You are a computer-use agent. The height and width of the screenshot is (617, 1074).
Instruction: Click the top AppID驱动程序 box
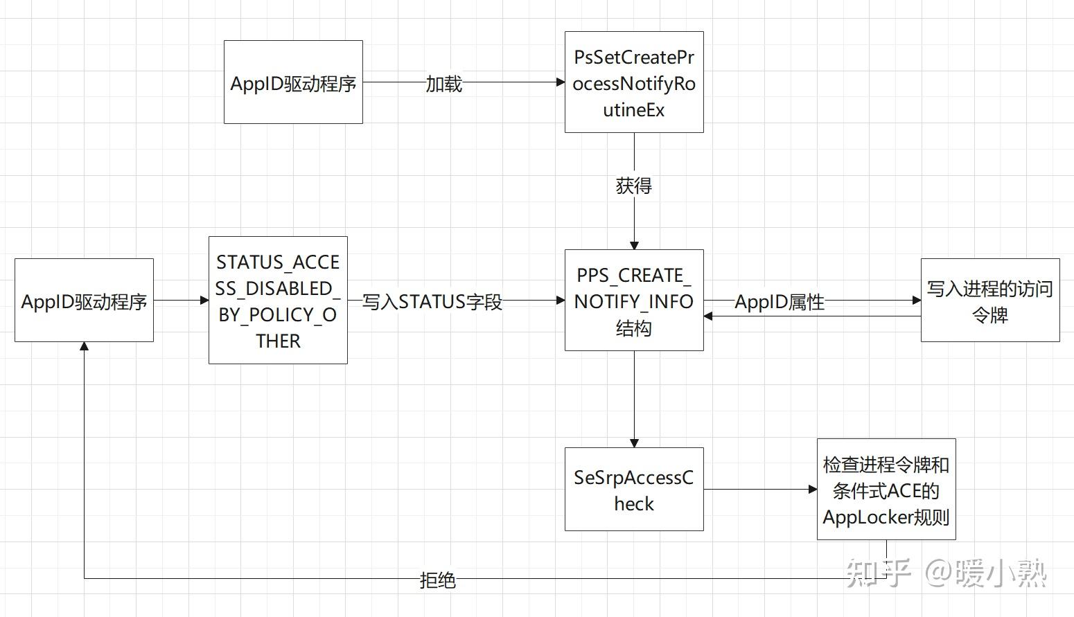[293, 82]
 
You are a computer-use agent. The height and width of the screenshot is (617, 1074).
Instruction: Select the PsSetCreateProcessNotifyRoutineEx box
[633, 82]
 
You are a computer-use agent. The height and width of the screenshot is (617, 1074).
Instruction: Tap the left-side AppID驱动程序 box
[84, 301]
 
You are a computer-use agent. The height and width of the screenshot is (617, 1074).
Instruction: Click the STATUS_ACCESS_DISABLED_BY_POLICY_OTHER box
[278, 301]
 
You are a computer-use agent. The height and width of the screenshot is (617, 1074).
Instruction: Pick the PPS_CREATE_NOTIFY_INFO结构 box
[633, 301]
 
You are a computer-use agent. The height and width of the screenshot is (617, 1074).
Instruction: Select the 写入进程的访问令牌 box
[989, 301]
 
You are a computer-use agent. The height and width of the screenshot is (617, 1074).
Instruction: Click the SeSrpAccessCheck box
[633, 490]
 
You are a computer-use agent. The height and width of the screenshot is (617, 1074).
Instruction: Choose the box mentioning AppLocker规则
[886, 490]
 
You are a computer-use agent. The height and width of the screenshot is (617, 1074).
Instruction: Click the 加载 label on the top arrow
[443, 84]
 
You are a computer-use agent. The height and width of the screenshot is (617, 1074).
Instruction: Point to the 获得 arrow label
[633, 186]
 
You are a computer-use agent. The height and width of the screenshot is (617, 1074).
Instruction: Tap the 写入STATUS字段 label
[432, 302]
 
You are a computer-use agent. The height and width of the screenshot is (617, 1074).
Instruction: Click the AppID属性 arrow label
[779, 302]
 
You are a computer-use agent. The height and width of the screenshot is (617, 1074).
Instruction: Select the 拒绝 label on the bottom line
[437, 580]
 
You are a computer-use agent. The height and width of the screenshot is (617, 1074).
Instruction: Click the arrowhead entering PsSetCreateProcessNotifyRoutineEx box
[561, 82]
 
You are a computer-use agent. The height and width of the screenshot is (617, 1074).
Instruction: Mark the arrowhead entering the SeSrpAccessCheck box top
[633, 443]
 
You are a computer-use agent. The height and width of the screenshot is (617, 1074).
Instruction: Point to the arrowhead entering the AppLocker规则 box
[813, 490]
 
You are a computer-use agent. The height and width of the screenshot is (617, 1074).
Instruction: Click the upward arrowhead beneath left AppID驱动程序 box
[84, 346]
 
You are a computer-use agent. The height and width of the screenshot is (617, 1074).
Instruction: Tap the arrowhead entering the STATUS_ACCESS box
[204, 301]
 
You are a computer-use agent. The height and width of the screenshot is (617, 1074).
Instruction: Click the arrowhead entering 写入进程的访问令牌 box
[917, 301]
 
